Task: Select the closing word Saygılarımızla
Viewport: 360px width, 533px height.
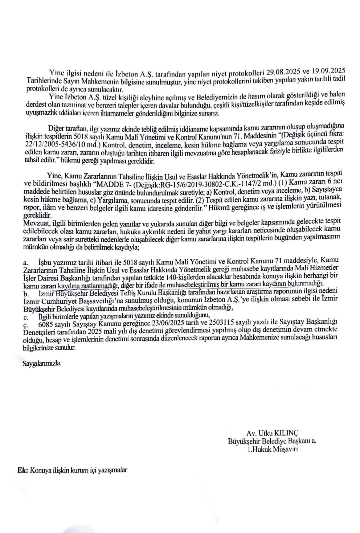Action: (x=42, y=363)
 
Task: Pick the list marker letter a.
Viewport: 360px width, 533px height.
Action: (x=25, y=263)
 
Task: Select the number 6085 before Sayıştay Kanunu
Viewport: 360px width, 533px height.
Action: (x=46, y=323)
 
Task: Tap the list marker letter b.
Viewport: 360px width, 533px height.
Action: (x=26, y=294)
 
